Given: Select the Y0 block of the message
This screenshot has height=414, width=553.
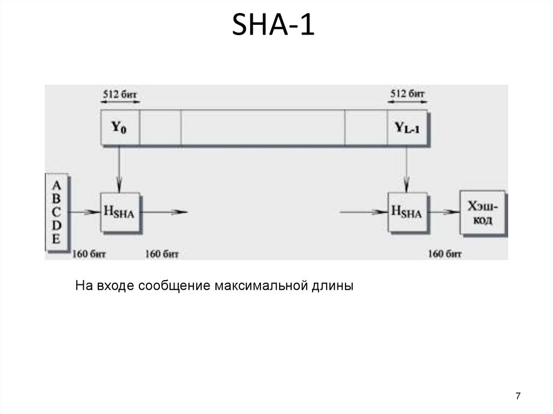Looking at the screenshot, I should [x=120, y=128].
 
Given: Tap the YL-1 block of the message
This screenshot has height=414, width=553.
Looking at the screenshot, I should [x=407, y=128].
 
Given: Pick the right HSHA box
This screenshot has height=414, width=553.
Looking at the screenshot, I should [x=406, y=213].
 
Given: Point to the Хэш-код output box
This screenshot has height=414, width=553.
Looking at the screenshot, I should [x=482, y=213].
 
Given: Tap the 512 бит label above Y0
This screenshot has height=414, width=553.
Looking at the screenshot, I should [x=120, y=93].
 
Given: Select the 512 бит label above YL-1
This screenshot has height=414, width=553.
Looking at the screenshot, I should [x=407, y=93].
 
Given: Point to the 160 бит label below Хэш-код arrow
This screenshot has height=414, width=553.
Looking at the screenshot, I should [x=445, y=253].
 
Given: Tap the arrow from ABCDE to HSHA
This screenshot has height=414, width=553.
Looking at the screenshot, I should [x=84, y=213].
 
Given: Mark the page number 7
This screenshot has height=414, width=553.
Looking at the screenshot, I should [x=518, y=396].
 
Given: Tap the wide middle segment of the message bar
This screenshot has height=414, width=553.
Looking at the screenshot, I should [x=263, y=128].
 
